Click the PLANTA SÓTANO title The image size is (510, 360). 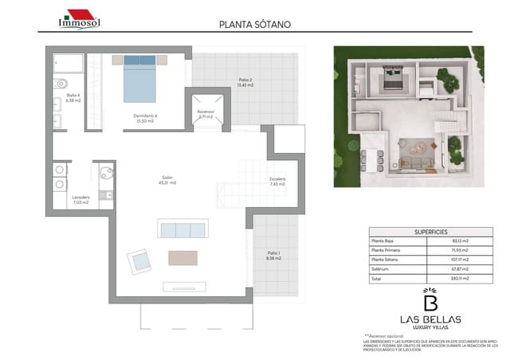pyautogui.click(x=255, y=24)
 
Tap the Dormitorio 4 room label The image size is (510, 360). pyautogui.click(x=144, y=118)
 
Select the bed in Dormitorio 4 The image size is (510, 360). pyautogui.click(x=144, y=77)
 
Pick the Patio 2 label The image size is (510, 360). pyautogui.click(x=245, y=81)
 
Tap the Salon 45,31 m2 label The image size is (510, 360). pyautogui.click(x=167, y=180)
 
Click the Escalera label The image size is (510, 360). pyautogui.click(x=277, y=181)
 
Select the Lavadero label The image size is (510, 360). pyautogui.click(x=80, y=200)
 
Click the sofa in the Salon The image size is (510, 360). pyautogui.click(x=182, y=230)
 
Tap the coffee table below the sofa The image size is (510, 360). pyautogui.click(x=182, y=257)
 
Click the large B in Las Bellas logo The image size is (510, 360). pyautogui.click(x=429, y=303)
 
